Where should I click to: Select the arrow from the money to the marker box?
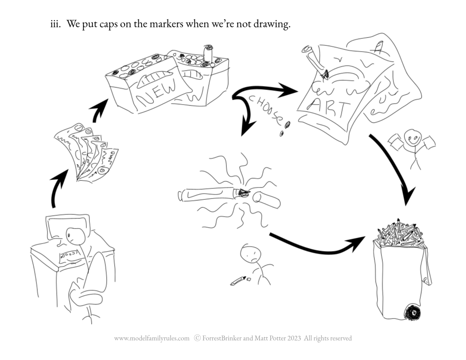(98, 112)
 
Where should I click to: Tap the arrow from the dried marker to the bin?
(319, 246)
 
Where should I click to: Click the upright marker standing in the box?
(208, 54)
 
